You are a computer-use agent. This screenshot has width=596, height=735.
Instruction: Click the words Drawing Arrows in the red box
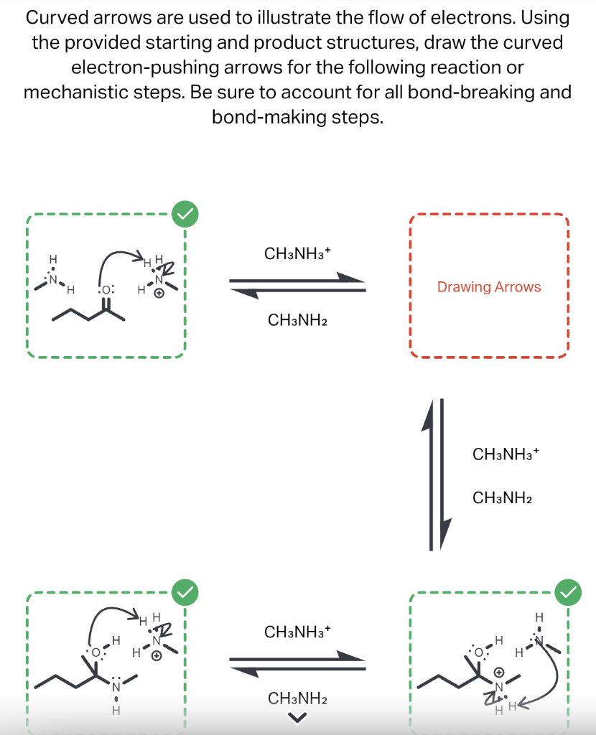pos(489,287)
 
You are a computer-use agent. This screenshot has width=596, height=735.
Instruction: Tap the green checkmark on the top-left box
pos(185,213)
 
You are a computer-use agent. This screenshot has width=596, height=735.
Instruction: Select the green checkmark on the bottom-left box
pos(185,591)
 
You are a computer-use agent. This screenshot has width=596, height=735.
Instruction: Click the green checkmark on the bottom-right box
pos(569,591)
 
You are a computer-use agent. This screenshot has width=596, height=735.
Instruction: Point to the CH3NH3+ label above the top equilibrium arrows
pos(297,253)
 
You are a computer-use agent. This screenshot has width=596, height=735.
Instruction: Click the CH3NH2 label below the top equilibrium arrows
pos(297,319)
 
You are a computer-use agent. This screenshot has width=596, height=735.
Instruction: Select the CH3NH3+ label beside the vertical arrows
pos(506,454)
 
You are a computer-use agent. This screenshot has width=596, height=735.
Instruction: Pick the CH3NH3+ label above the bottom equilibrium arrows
pos(297,632)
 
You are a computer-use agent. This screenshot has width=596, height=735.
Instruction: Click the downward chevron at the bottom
pos(297,716)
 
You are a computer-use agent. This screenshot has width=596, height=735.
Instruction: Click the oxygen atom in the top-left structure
pos(106,290)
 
